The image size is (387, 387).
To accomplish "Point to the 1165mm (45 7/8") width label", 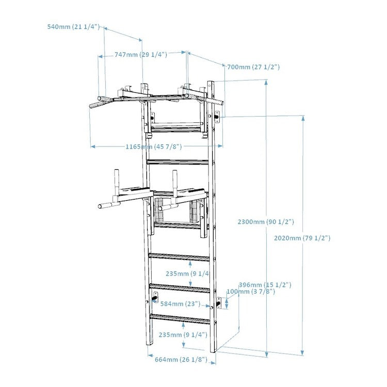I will coord(154,147).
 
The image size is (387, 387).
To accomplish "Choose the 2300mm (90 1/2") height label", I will coord(266,221).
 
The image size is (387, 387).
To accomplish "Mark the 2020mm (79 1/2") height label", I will coord(302,238).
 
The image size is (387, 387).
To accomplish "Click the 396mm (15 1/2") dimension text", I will coord(265,285).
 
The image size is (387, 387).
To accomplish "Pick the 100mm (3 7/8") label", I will coord(251,292).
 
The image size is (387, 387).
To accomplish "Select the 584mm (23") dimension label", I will coord(180,304).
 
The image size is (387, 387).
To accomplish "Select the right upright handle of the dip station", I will coord(175,180).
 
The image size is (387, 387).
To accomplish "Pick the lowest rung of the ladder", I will coord(180,318).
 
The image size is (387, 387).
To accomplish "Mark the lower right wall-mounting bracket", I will coord(218,303).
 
